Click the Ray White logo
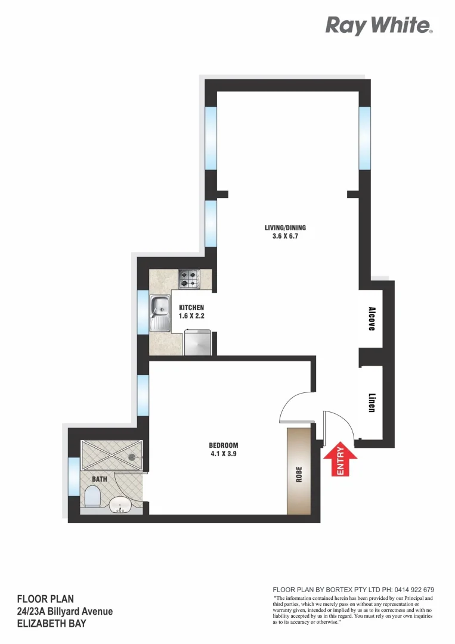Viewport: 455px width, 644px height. pyautogui.click(x=379, y=26)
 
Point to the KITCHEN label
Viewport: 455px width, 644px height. pyautogui.click(x=191, y=308)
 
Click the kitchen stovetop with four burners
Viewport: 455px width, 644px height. pyautogui.click(x=189, y=278)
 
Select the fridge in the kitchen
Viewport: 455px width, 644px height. pyautogui.click(x=197, y=343)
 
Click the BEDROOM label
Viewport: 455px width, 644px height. pyautogui.click(x=224, y=445)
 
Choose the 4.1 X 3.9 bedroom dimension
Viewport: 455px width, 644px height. pyautogui.click(x=224, y=454)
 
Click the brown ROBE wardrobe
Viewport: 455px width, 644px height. pyautogui.click(x=299, y=471)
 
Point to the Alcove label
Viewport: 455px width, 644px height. pyautogui.click(x=372, y=319)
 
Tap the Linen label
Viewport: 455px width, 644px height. pyautogui.click(x=372, y=403)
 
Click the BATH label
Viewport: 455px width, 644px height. pyautogui.click(x=99, y=479)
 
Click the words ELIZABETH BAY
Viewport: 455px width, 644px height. pyautogui.click(x=51, y=623)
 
